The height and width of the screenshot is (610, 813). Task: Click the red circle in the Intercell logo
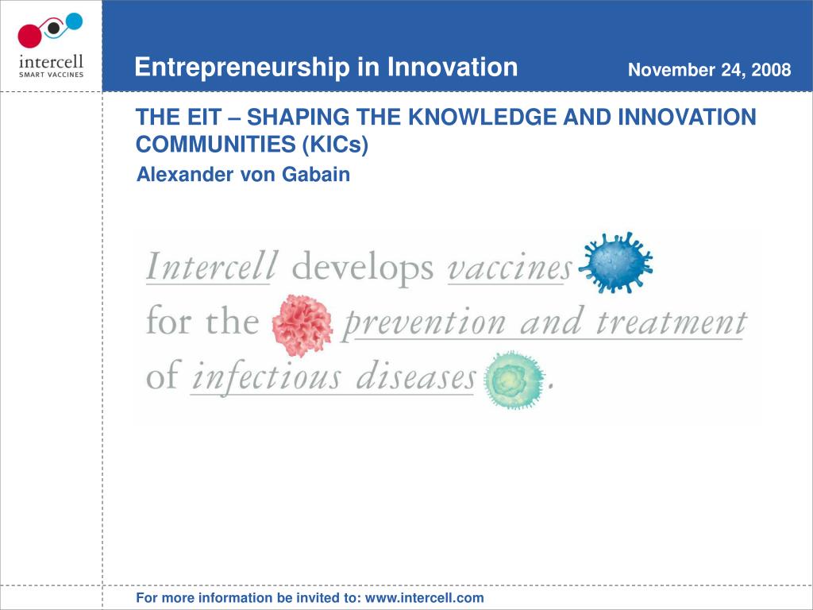coord(29,35)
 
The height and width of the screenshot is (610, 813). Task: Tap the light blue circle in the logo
coord(74,21)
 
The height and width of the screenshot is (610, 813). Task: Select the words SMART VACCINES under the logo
coord(52,75)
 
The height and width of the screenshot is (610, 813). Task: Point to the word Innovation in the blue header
coord(452,67)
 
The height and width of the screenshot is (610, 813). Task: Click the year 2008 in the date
coord(771,70)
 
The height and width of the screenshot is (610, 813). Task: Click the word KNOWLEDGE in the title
coord(483,118)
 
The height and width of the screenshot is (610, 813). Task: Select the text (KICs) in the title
coord(335,145)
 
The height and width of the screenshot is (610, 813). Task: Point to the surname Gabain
coord(316,174)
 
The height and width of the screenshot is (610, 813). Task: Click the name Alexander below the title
coord(185,174)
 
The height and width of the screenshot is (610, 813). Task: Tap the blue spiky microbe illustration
coord(615,262)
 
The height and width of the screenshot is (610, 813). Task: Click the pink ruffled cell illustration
coord(302,325)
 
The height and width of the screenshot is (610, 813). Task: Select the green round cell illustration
coord(514,380)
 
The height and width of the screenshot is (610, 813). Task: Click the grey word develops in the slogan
coord(362,268)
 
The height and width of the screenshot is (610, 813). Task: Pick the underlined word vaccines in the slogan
coord(509,268)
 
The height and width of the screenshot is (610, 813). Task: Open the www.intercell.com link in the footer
coord(425,598)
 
